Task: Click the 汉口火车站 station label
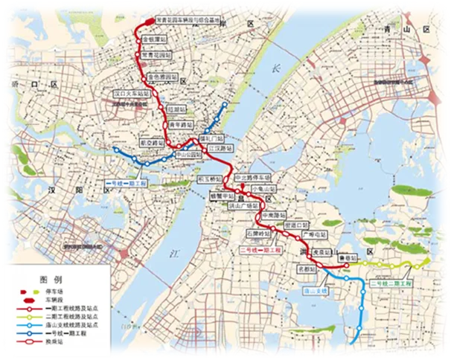tap(130, 94)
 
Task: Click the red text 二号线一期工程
tap(262, 251)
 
